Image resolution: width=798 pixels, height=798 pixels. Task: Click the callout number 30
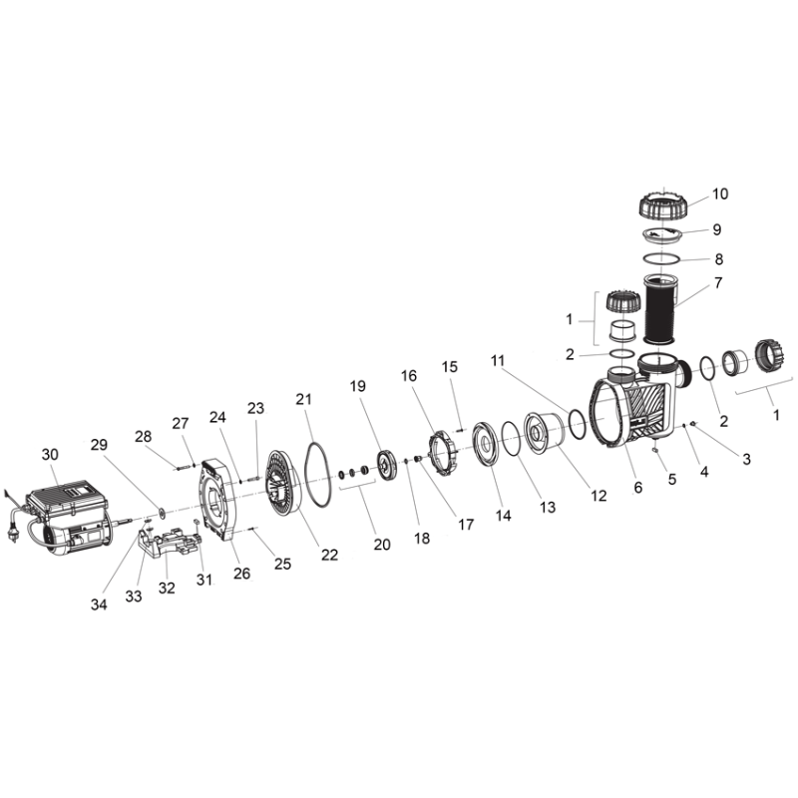point(50,454)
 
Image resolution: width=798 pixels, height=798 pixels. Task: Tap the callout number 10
point(720,194)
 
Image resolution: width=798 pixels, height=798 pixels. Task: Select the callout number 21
point(304,399)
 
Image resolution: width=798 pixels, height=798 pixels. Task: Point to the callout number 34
point(99,604)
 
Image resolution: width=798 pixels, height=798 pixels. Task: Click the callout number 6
point(638,488)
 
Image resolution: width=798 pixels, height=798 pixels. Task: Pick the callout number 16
point(409,376)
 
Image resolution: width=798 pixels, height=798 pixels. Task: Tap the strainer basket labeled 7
point(660,308)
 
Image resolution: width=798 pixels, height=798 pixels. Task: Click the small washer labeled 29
point(162,513)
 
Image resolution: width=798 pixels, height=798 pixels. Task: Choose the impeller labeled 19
point(385,464)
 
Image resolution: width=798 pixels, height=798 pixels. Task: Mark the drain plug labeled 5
point(654,450)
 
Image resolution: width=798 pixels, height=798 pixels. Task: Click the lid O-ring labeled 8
point(661,259)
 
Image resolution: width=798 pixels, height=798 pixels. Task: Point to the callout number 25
point(283,564)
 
